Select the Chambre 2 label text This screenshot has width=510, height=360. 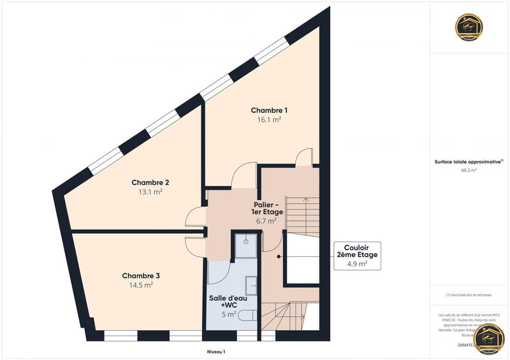tap(150, 182)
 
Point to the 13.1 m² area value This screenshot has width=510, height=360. tap(150, 191)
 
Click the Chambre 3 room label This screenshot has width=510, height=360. tap(141, 276)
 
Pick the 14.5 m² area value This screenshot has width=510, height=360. tap(141, 285)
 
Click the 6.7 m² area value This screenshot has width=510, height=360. tap(267, 221)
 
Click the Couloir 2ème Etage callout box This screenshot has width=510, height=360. tap(357, 256)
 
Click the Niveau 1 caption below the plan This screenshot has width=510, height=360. tap(216, 352)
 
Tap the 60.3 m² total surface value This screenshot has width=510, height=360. tap(470, 170)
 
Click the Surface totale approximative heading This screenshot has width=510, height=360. tap(469, 162)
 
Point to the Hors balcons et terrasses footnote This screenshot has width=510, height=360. tap(470, 295)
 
